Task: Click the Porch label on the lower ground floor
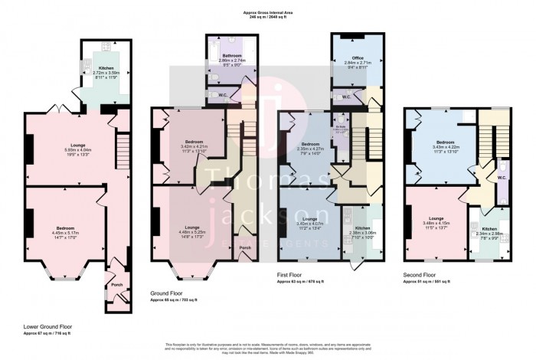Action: tap(117, 286)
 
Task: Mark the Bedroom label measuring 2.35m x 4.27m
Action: tap(309, 143)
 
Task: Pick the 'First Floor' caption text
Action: tap(291, 273)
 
